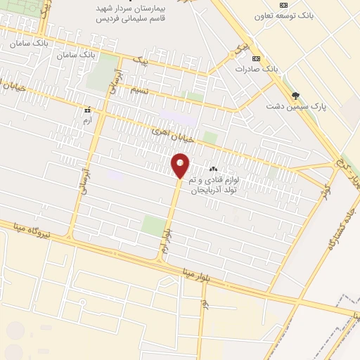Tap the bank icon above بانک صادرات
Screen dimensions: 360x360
click(x=256, y=58)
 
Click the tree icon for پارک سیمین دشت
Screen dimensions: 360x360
click(x=295, y=95)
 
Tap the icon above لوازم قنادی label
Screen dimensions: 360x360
click(x=214, y=169)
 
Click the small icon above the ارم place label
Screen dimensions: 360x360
click(x=87, y=110)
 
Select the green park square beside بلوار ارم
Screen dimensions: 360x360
click(x=153, y=226)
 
